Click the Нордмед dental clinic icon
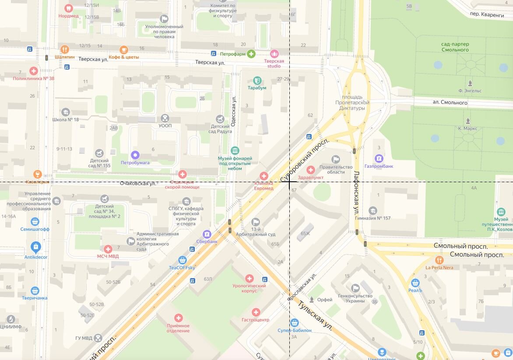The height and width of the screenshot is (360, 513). (68, 8)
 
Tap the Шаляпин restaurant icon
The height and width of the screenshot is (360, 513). (65, 49)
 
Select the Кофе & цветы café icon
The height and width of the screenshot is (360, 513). (124, 49)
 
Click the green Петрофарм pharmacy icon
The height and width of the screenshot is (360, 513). (251, 54)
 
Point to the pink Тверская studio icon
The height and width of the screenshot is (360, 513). (274, 53)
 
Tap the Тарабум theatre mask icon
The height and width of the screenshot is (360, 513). (257, 81)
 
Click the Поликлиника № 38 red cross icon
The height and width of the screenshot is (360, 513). (34, 71)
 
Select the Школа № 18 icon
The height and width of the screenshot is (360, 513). (66, 112)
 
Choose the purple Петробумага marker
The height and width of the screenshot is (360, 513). (135, 155)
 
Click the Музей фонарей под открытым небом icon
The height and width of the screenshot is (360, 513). (235, 150)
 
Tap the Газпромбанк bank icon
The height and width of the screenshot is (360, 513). (379, 159)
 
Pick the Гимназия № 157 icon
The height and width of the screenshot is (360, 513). (373, 211)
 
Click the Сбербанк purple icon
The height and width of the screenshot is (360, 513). (207, 233)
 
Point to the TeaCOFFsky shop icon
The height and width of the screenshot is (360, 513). (182, 260)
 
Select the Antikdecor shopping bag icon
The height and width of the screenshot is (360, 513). (35, 247)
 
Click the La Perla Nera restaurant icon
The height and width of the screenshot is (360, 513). (439, 260)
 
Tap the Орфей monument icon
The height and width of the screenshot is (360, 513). (312, 300)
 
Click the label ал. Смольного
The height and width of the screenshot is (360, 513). (450, 103)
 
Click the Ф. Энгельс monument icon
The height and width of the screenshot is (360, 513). (470, 83)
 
